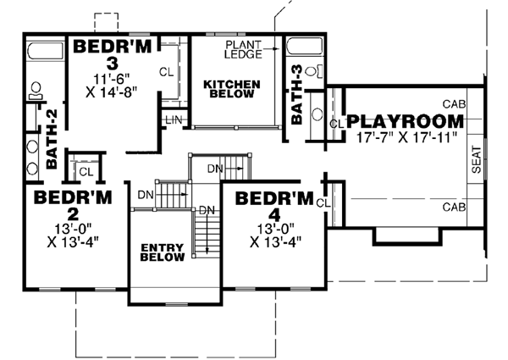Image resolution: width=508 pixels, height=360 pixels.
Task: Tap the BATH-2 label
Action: (x=52, y=147)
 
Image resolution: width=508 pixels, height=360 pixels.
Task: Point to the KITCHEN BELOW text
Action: (x=230, y=91)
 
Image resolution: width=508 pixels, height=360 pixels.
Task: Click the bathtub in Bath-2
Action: (x=43, y=53)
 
